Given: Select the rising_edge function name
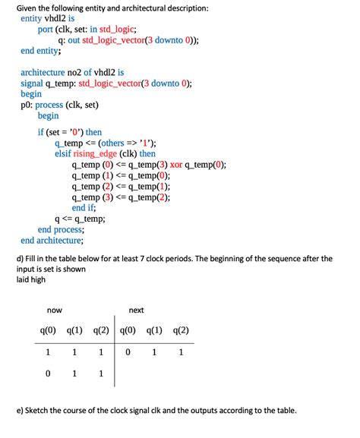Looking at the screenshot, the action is [x=104, y=153].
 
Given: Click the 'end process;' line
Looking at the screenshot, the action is [x=61, y=229].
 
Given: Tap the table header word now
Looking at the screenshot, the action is [x=55, y=310].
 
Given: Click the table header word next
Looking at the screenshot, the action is [x=136, y=310].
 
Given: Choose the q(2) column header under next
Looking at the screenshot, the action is [x=180, y=330].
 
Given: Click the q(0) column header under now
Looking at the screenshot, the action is [x=49, y=330].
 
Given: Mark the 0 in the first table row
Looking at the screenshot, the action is [x=128, y=352].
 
